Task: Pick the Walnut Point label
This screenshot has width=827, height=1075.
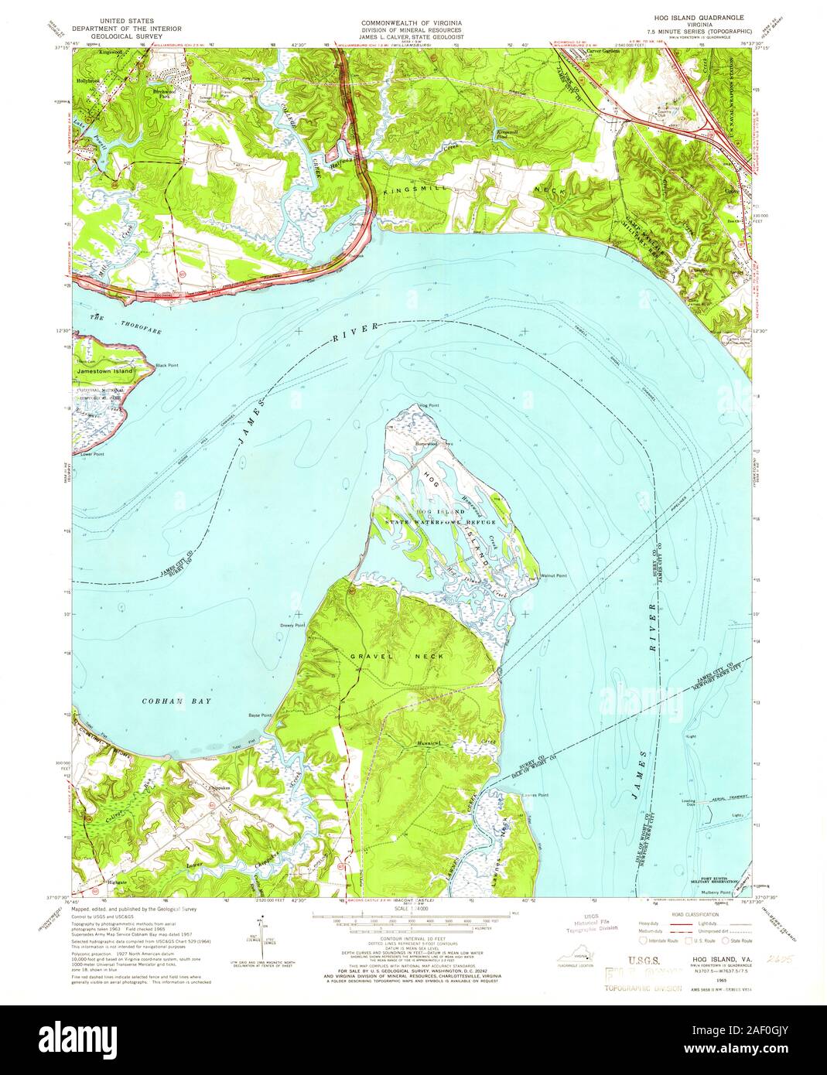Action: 553,575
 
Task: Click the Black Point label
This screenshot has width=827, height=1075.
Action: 166,365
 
